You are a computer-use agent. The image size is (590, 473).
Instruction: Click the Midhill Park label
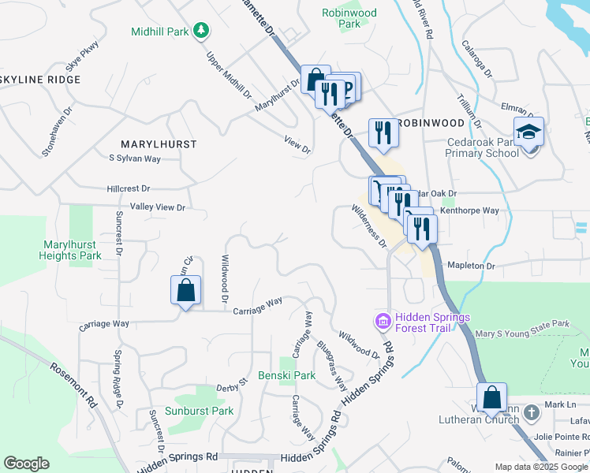pos(161,32)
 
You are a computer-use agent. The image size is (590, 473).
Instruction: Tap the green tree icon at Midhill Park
pos(203,31)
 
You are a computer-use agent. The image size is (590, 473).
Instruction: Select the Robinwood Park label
pos(349,18)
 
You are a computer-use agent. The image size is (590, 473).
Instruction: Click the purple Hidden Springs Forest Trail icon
pos(382,322)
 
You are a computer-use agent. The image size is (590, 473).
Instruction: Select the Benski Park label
pos(286,375)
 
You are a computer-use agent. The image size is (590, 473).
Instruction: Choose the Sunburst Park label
pos(199,411)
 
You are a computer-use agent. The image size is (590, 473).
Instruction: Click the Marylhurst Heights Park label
pos(71,251)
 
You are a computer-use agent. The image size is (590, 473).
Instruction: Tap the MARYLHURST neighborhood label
pos(158,144)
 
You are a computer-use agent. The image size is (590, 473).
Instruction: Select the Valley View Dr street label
pos(157,207)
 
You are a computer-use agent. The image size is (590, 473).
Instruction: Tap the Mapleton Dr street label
pos(470,266)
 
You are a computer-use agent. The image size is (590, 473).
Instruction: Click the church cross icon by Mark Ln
pos(533,412)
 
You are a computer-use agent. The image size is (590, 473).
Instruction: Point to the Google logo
pos(26,464)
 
